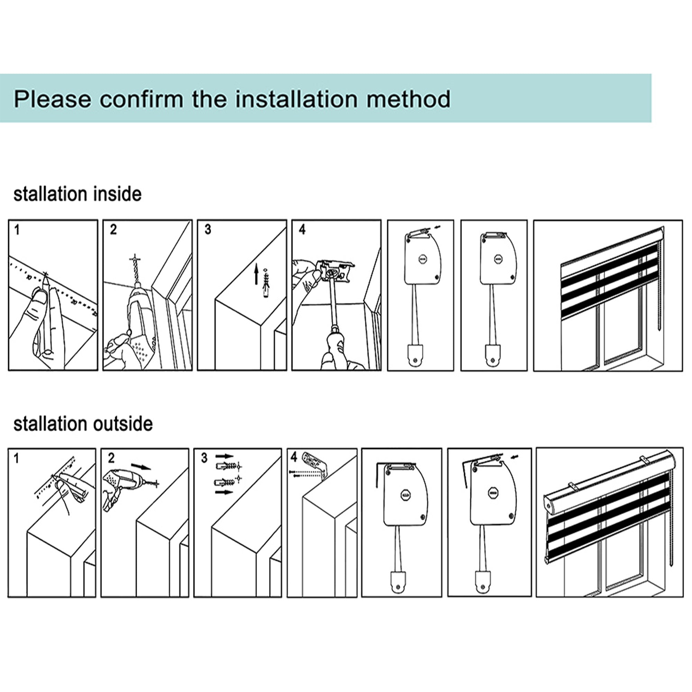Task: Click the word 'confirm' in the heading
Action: pos(142,99)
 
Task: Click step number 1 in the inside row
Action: pos(17,230)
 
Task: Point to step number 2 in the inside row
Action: pos(113,230)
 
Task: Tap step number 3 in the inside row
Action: pos(208,230)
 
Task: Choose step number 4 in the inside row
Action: pos(302,230)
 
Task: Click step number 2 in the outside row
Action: pos(111,458)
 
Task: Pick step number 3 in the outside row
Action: pos(204,458)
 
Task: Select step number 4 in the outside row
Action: pos(294,457)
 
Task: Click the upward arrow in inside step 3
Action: pos(256,275)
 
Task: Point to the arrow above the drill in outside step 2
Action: pos(141,467)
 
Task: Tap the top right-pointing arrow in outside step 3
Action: pos(224,457)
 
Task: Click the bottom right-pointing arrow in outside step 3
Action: pos(224,492)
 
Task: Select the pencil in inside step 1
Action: pos(47,312)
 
